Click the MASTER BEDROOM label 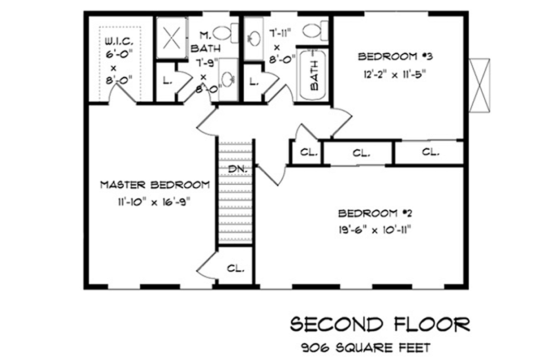click(x=155, y=185)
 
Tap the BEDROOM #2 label click(x=376, y=213)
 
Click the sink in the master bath click(x=228, y=79)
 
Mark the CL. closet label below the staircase click(x=235, y=269)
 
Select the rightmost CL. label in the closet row click(x=430, y=153)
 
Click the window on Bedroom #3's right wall click(x=479, y=85)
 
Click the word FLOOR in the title click(x=432, y=325)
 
